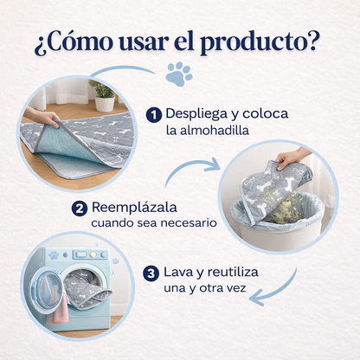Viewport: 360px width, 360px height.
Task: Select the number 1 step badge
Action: point(154,115)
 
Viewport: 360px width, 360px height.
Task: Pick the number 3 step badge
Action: point(151,273)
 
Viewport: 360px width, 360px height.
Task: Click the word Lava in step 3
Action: point(182,273)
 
